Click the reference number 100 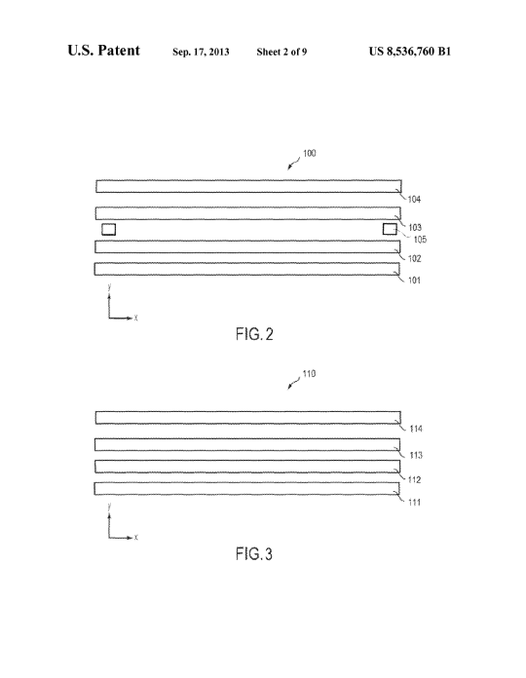[310, 153]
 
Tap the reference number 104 [414, 200]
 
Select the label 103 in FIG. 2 [415, 227]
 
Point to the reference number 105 [420, 240]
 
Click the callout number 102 [415, 258]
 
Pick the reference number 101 [414, 281]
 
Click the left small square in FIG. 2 [108, 229]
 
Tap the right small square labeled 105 [390, 229]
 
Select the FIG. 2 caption [254, 334]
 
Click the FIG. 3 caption [254, 554]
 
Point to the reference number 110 [309, 374]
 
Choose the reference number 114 [416, 429]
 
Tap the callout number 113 [416, 455]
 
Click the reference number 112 [415, 480]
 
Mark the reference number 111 [415, 503]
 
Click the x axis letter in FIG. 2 [135, 318]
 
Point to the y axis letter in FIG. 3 [109, 506]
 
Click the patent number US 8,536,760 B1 [410, 52]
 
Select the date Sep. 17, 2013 [201, 52]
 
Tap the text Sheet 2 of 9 [282, 52]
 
